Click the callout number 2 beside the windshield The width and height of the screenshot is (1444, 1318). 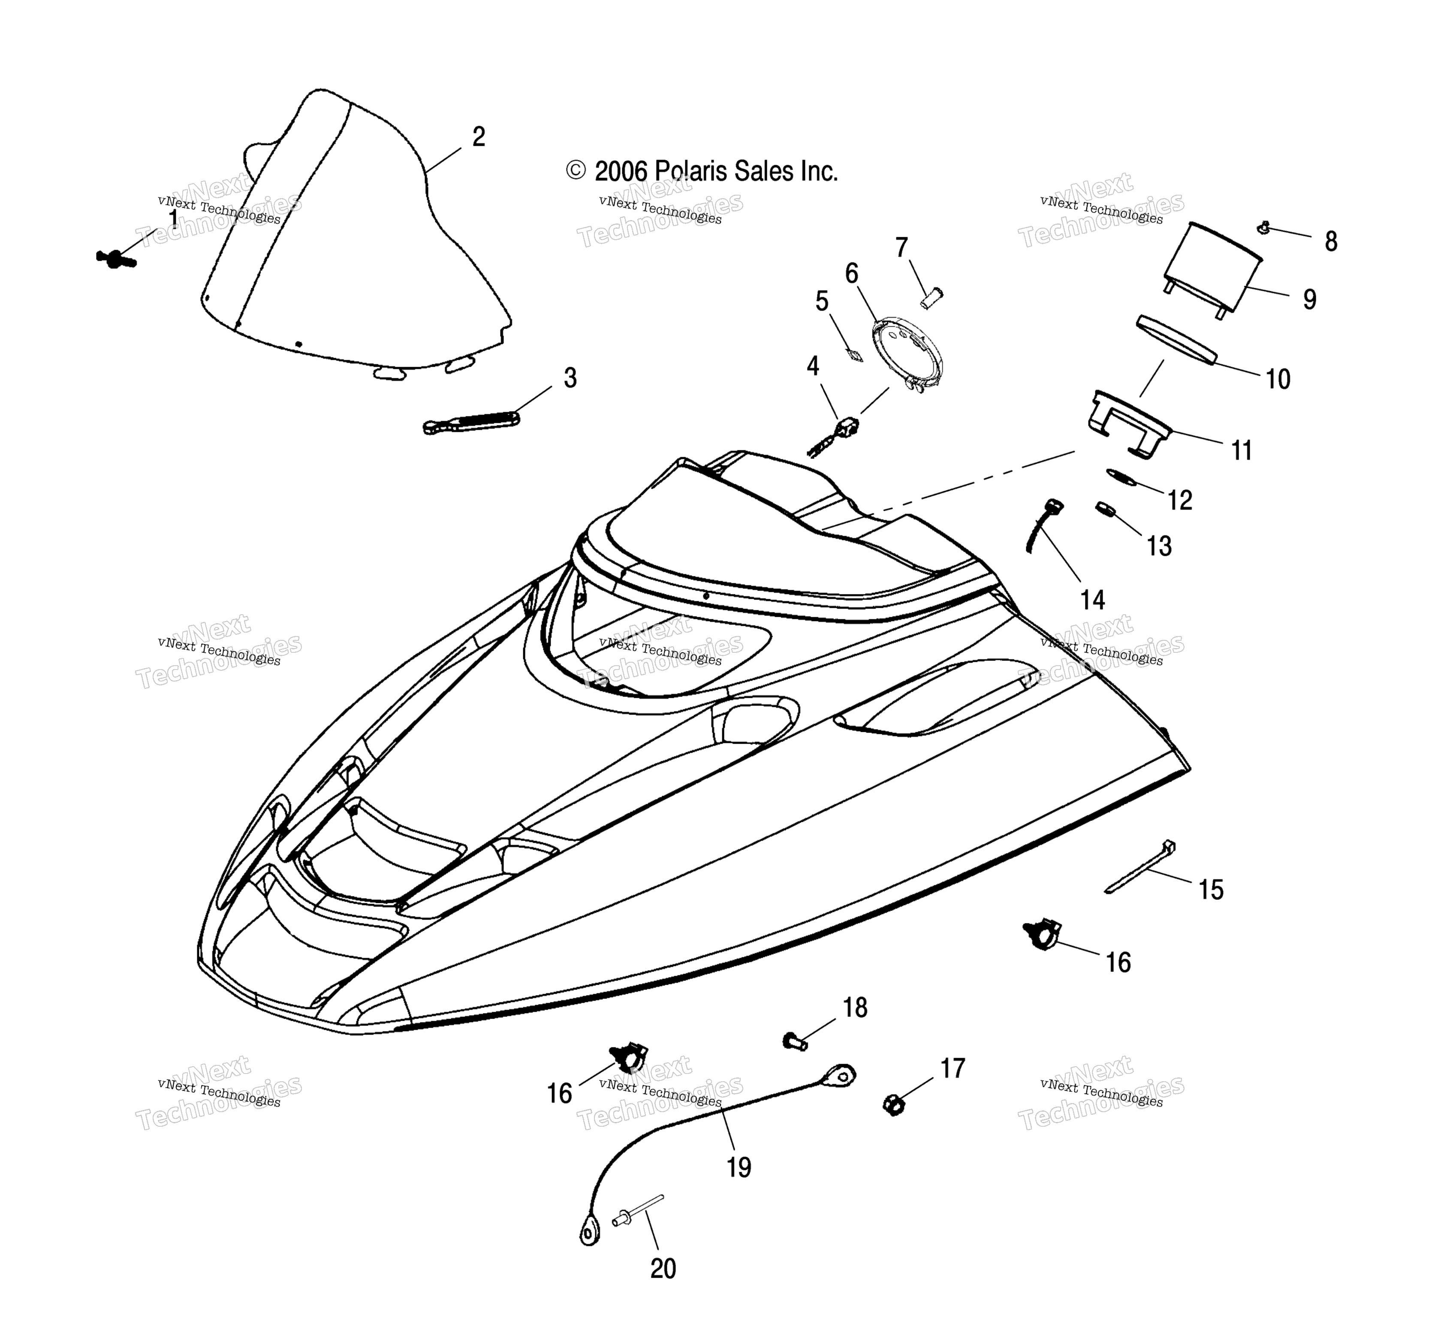coord(479,137)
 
